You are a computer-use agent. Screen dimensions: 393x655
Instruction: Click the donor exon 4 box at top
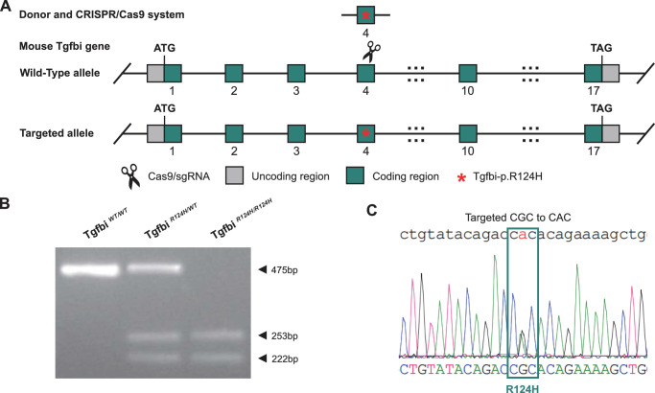coord(365,15)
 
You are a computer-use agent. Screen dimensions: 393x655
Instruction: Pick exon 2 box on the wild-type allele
coord(234,74)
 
